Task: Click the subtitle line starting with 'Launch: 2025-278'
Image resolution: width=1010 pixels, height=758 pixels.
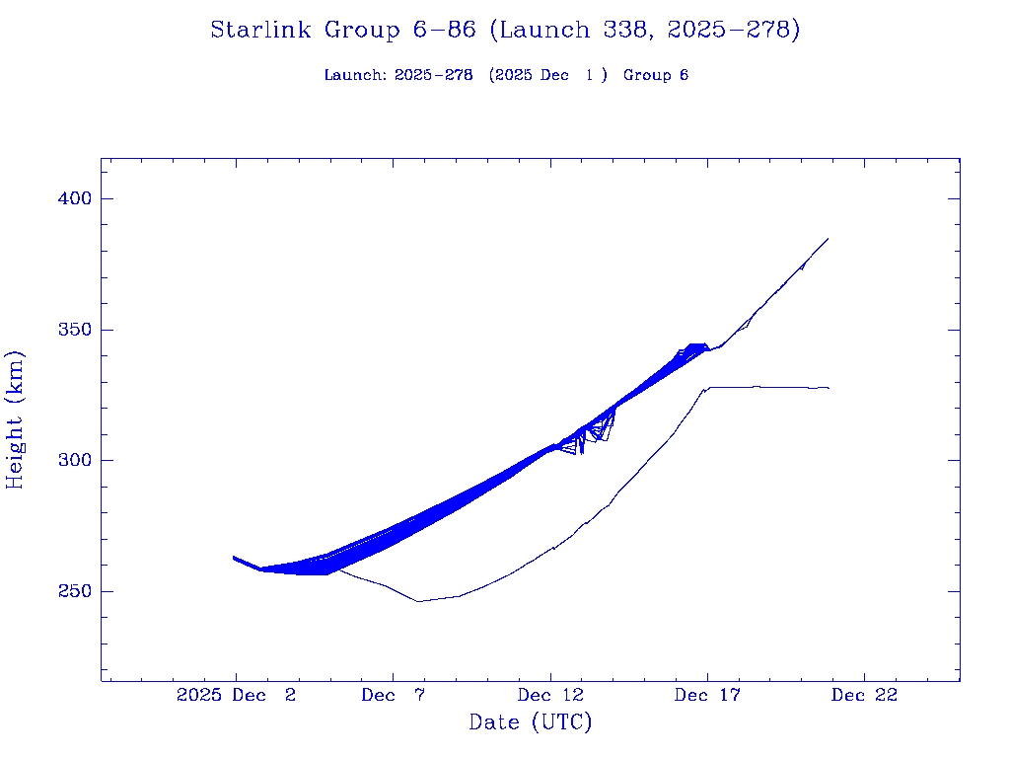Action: pyautogui.click(x=506, y=76)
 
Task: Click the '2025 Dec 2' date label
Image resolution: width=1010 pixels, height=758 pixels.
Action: pyautogui.click(x=236, y=696)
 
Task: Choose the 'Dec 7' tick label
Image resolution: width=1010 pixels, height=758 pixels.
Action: pyautogui.click(x=393, y=696)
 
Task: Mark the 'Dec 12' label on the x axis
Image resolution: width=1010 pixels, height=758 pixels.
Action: pyautogui.click(x=549, y=696)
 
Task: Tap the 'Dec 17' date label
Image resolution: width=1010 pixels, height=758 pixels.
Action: pyautogui.click(x=706, y=696)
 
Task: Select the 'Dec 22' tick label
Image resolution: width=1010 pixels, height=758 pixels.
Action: pyautogui.click(x=864, y=696)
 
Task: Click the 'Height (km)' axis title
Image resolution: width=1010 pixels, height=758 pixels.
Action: pyautogui.click(x=16, y=419)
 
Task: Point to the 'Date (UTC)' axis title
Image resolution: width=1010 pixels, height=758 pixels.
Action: pyautogui.click(x=531, y=723)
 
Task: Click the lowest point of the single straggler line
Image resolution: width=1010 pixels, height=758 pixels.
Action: pyautogui.click(x=418, y=601)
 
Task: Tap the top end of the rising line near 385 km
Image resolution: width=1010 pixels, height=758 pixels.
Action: pyautogui.click(x=828, y=239)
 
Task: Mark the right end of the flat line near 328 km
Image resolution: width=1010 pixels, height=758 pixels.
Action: pyautogui.click(x=829, y=388)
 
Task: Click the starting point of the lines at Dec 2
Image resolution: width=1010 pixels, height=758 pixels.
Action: pyautogui.click(x=234, y=558)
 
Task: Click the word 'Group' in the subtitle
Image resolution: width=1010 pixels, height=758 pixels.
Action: pyautogui.click(x=647, y=76)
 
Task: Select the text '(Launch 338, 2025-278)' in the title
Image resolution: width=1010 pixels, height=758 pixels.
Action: pyautogui.click(x=643, y=31)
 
